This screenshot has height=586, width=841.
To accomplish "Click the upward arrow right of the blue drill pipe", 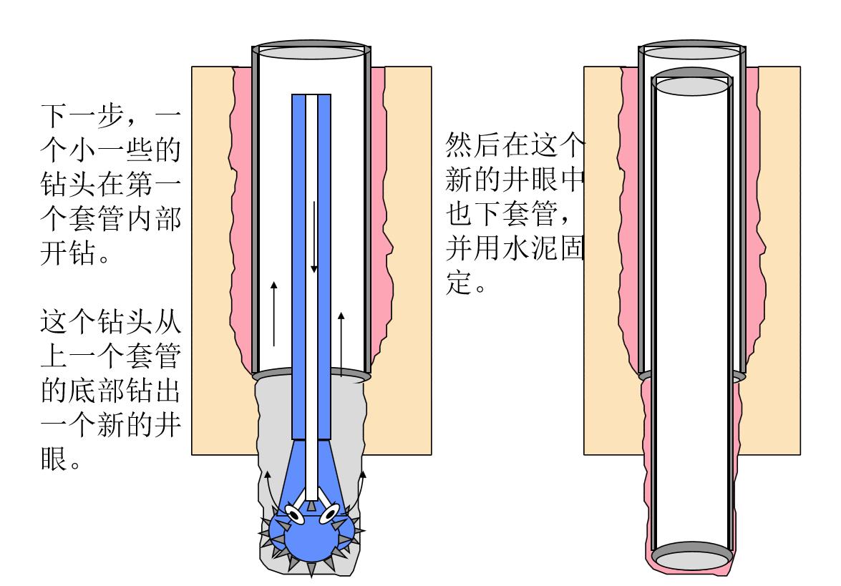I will pos(341,343).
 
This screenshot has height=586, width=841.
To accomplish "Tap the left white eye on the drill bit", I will pos(293,512).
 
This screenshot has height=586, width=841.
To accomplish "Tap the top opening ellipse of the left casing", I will pos(311,52).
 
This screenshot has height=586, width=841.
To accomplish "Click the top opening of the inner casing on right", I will pos(692,86).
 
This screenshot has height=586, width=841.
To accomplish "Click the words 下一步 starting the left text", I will pos(79,115).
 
